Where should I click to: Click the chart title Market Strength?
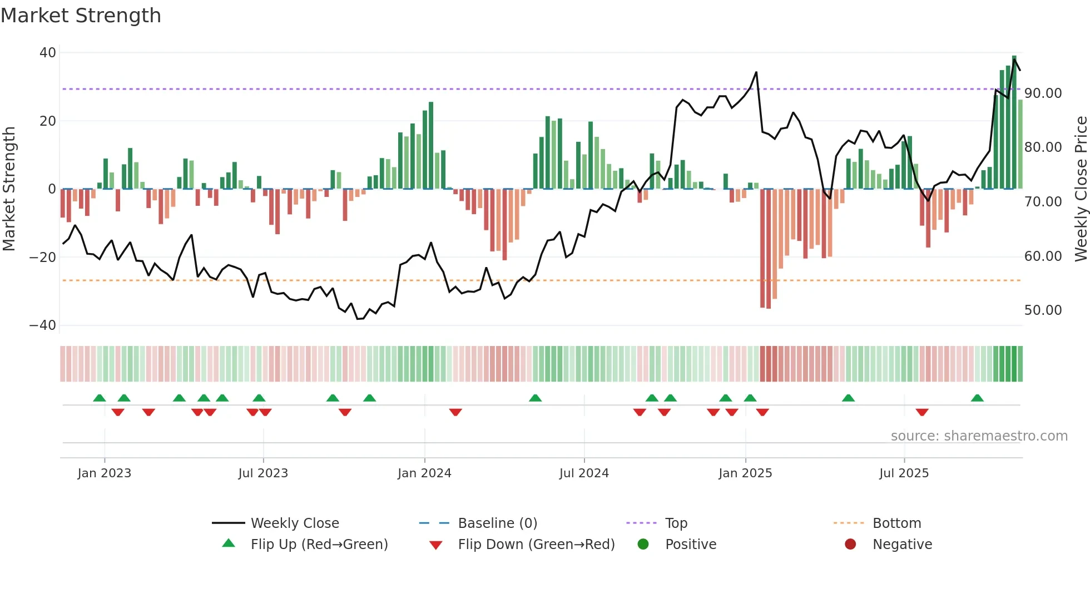coord(81,16)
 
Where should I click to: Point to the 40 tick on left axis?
coord(48,53)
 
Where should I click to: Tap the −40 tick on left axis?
coord(43,325)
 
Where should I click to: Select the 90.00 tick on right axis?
coord(1043,93)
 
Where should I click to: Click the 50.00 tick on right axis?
coord(1043,310)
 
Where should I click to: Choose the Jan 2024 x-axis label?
coord(424,473)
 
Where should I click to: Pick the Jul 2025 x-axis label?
coord(904,473)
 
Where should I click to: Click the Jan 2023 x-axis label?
coord(104,473)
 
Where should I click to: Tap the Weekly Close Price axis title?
coord(1081,189)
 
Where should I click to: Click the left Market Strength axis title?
coord(9,189)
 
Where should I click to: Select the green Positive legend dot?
coord(643,545)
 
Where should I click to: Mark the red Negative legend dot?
coord(850,545)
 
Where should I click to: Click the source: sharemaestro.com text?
coord(979,436)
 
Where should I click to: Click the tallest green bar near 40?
coord(1014,122)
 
